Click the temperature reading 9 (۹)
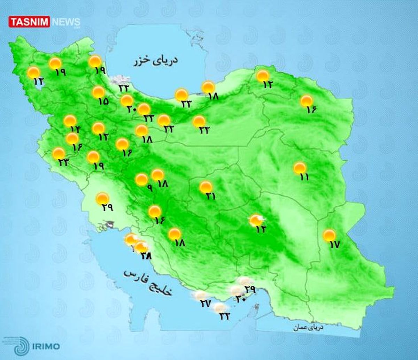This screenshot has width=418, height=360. coord(149,188)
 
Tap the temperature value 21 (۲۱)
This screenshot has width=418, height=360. coord(210,196)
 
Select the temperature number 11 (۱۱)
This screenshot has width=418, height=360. coord(304,177)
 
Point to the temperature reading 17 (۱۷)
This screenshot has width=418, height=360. coord(334,245)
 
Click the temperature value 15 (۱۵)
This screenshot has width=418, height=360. coord(103,101)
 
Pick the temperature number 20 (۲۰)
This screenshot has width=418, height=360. coord(131,109)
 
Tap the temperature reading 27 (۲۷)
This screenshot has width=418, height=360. coord(205,304)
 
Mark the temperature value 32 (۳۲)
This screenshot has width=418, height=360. coord(225,316)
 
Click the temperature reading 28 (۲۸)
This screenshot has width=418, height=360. coord(146,255)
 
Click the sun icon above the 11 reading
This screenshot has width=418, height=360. coord(300,168)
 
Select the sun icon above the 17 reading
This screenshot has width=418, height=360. coord(329,235)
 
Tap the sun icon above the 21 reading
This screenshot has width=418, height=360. coord(206,187)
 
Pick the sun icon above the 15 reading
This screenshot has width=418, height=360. coord(99,92)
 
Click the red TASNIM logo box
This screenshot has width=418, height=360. coord(29,22)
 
